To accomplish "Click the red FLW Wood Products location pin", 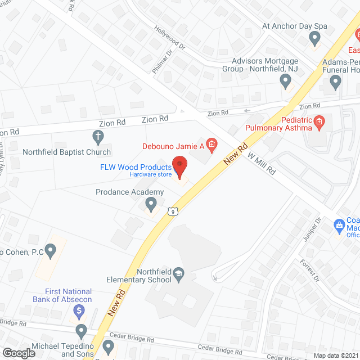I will [x=180, y=167].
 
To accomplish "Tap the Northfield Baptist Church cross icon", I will [x=98, y=136].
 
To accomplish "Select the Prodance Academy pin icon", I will [x=151, y=202].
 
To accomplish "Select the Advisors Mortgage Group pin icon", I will [x=286, y=82].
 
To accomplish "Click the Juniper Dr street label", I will [x=311, y=231].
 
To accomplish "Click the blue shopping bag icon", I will [x=339, y=227].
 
